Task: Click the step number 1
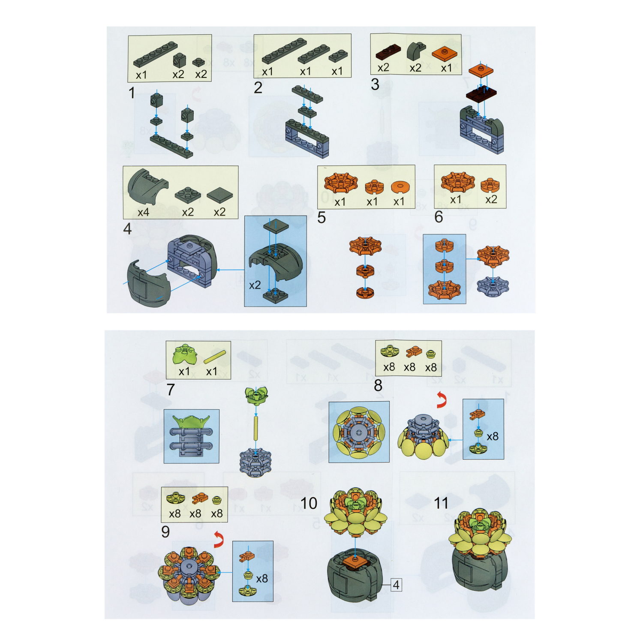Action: click(132, 92)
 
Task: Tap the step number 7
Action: click(171, 390)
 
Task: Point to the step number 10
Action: click(309, 503)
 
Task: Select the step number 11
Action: click(441, 503)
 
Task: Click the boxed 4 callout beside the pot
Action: click(397, 585)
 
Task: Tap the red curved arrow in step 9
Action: click(219, 540)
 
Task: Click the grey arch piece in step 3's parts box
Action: click(415, 51)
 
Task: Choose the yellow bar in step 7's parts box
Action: click(215, 357)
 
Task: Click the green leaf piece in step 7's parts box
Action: click(184, 354)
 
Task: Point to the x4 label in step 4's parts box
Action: click(143, 212)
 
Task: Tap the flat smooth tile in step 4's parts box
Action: click(220, 195)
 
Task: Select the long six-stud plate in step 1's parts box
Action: click(156, 54)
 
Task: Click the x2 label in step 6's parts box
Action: click(491, 200)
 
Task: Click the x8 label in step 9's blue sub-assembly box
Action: click(262, 579)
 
